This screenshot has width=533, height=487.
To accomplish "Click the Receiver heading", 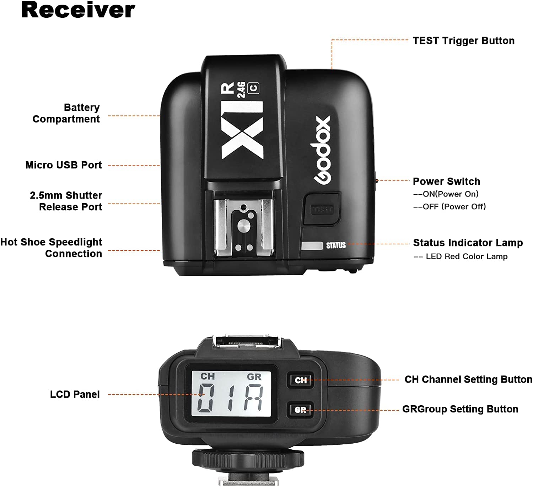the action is [x=78, y=10].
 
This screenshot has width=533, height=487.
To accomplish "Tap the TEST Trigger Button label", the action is [x=463, y=41].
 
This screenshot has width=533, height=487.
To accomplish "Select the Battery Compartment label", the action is [x=66, y=113].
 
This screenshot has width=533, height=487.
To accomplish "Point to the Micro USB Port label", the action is [x=64, y=165].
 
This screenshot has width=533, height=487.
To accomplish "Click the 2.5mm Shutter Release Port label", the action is [x=66, y=201].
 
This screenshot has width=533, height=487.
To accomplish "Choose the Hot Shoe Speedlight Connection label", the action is [x=52, y=248].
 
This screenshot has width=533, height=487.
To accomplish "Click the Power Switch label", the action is [x=446, y=182].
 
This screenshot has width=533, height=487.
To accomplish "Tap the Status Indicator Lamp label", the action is [x=468, y=243].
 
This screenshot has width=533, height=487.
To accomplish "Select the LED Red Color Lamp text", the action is [x=466, y=256].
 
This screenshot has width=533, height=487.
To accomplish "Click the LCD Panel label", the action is [x=75, y=394].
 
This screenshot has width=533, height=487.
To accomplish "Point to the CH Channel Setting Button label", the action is [x=468, y=380].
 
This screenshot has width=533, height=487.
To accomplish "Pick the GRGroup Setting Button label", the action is [x=460, y=409].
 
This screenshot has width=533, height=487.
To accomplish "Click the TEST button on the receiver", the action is [x=322, y=209].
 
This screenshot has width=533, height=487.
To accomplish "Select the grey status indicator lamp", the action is [x=312, y=246].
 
